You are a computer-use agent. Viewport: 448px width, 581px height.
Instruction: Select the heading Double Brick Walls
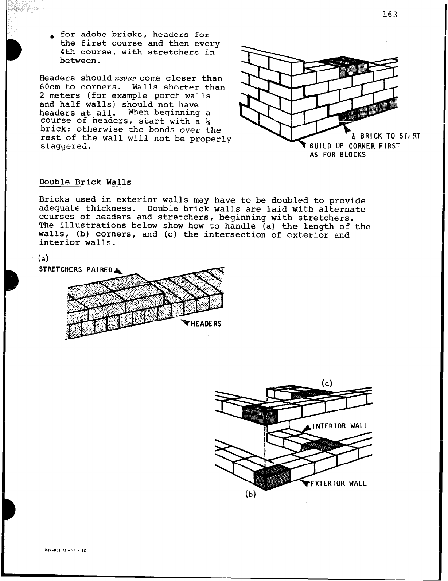85,182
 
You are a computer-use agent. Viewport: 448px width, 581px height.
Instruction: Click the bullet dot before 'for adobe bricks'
52,37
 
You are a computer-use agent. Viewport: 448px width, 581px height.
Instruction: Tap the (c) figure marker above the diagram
327,383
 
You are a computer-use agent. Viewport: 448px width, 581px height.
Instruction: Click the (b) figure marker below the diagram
251,494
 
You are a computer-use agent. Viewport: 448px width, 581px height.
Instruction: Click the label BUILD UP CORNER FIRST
354,146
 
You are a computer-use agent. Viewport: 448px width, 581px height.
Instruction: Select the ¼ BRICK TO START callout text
386,136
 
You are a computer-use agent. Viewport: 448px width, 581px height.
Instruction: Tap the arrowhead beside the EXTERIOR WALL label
305,483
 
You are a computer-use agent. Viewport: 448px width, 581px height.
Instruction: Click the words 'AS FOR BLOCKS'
337,155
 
